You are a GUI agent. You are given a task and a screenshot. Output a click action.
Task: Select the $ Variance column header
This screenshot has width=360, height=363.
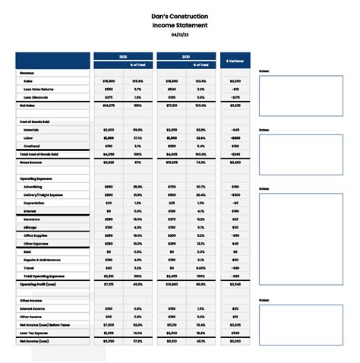(235, 60)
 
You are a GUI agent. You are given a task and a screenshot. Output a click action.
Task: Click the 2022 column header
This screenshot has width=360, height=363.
(122, 56)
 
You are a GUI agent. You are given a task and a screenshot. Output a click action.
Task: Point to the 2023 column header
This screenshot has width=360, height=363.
(186, 56)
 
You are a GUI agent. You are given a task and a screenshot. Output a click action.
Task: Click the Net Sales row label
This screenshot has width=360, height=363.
(28, 105)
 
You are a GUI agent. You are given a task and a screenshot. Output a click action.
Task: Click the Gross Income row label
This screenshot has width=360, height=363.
(31, 162)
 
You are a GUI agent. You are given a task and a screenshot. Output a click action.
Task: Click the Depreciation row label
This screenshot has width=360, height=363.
(34, 203)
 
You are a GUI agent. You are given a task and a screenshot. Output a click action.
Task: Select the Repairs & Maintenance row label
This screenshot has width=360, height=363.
(43, 260)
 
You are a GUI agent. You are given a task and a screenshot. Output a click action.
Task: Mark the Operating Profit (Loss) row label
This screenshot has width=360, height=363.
(39, 284)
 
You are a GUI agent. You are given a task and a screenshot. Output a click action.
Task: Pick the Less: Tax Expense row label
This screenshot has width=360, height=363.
(36, 333)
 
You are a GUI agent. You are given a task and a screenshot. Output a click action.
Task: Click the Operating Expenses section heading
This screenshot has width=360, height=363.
(36, 178)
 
